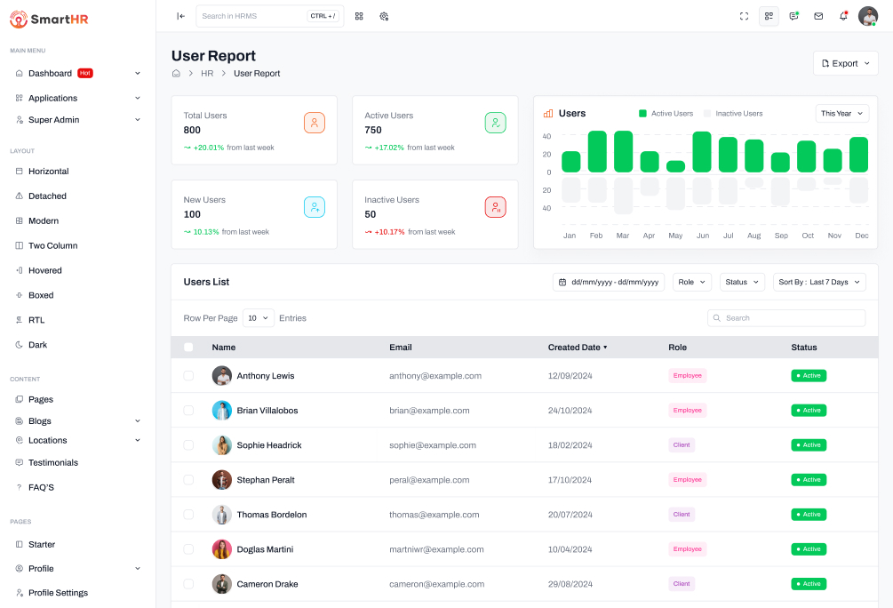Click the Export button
[x=845, y=63]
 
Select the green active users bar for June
[x=702, y=152]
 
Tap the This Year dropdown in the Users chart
[x=841, y=114]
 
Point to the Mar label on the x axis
[x=623, y=236]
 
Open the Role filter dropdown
[x=692, y=282]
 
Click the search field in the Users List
[x=786, y=317]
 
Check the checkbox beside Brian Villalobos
[x=188, y=411]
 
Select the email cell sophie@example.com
[x=433, y=445]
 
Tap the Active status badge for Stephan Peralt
[x=809, y=480]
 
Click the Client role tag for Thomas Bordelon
[x=682, y=515]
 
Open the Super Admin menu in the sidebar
[x=53, y=120]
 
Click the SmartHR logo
[x=49, y=19]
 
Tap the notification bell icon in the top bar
[x=843, y=16]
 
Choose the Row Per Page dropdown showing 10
[x=259, y=317]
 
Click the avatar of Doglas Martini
[x=222, y=549]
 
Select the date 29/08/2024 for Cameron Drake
[x=570, y=584]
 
